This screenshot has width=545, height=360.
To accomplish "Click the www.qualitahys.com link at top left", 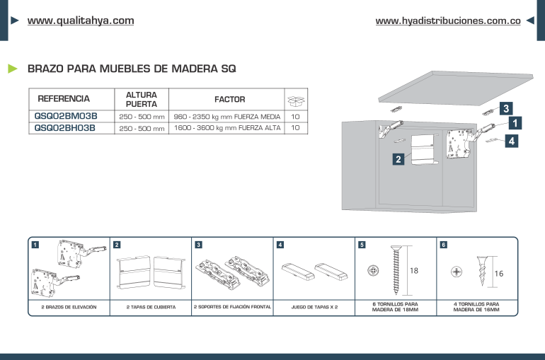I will (x=80, y=21).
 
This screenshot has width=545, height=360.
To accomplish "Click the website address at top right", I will (x=447, y=21).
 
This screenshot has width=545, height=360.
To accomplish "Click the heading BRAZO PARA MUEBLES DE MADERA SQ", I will (x=131, y=69).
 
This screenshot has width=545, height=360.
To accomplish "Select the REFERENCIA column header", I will (x=64, y=99).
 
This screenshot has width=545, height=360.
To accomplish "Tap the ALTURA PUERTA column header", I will (x=142, y=99).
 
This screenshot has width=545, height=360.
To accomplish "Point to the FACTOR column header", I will (x=229, y=100).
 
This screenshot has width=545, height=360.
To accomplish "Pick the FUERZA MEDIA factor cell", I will (x=227, y=116).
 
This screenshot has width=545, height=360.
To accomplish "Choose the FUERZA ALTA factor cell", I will (x=227, y=128).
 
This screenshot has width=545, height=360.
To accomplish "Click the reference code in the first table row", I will (x=66, y=116).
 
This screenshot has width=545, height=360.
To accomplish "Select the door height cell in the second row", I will (x=142, y=128).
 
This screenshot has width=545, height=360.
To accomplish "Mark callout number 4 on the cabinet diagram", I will (x=512, y=141).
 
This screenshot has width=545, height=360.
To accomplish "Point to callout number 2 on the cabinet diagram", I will (x=398, y=159).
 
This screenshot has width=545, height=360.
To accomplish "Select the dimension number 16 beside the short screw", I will (x=498, y=273).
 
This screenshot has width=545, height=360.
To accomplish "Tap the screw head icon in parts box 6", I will (x=456, y=272).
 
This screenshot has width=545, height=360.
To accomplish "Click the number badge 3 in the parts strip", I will (x=198, y=245).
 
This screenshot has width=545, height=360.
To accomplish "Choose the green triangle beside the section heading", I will (x=12, y=69).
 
